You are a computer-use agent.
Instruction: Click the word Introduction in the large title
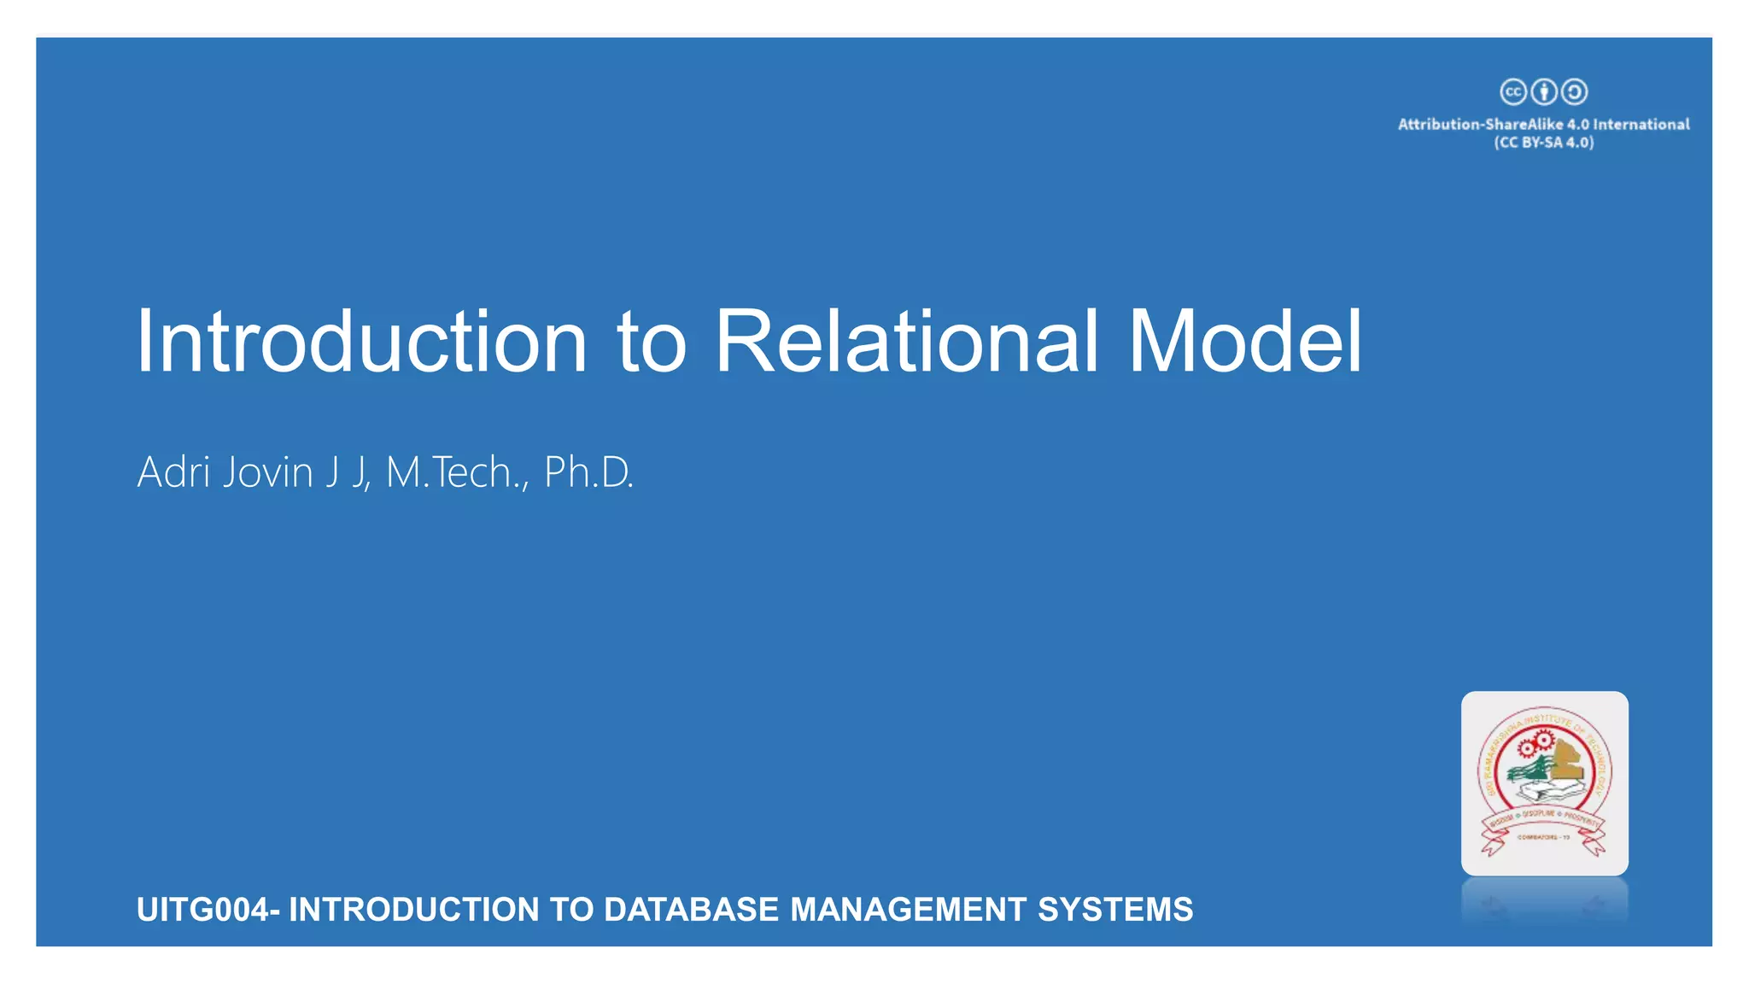361,342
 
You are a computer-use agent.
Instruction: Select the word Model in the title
1244,342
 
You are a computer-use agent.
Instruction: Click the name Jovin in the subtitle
267,472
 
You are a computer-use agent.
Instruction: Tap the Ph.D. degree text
588,472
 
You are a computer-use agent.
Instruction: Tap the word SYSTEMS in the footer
1115,910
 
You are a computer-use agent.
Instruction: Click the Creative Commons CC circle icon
1513,91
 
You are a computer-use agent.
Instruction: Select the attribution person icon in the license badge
1543,91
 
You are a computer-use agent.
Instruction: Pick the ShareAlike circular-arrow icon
1574,91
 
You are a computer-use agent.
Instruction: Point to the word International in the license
1641,125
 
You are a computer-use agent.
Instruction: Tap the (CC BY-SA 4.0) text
1544,143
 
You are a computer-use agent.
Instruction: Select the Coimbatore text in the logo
1543,837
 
